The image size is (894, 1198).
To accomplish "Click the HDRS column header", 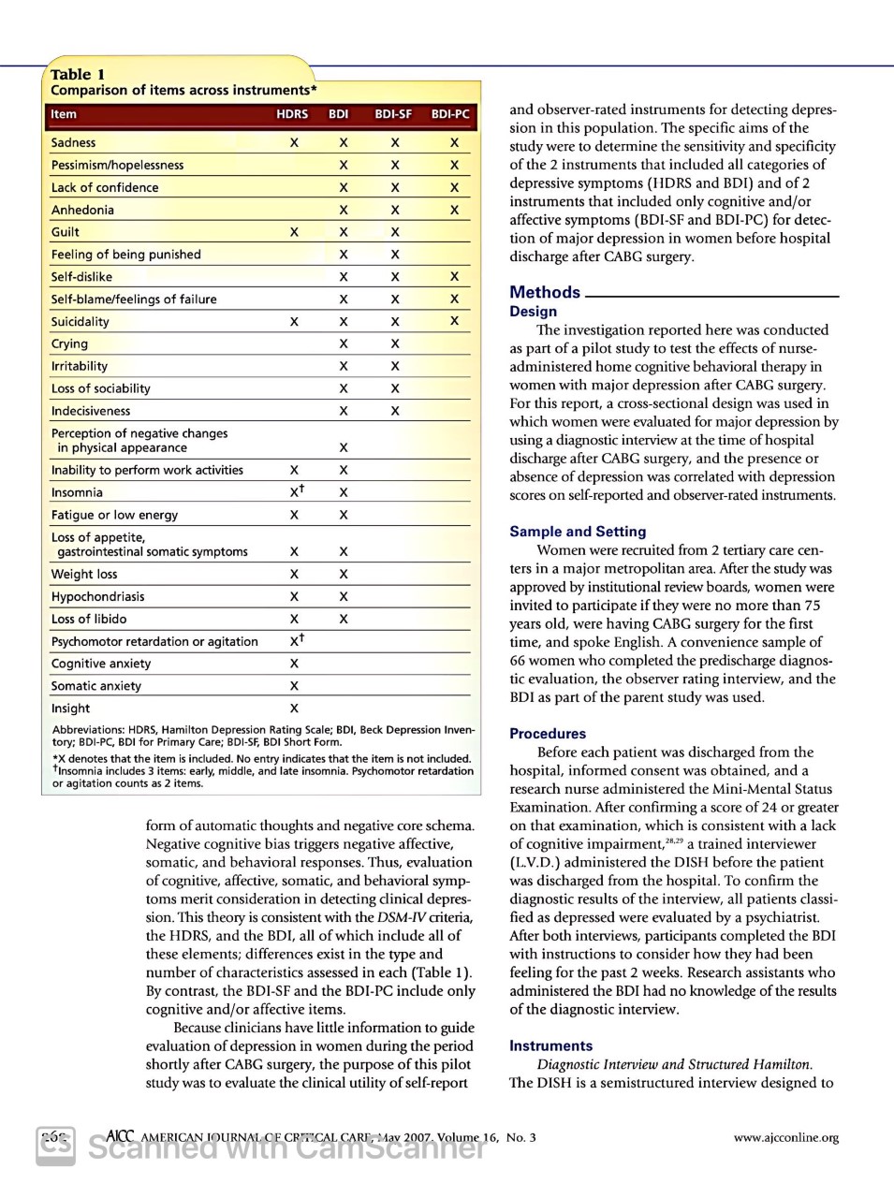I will (x=292, y=114).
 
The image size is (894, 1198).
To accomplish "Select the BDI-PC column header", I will (x=450, y=114).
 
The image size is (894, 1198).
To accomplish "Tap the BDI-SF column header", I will (x=393, y=114).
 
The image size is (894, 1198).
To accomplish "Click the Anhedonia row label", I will (x=82, y=210).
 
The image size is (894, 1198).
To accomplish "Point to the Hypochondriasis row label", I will (x=97, y=596).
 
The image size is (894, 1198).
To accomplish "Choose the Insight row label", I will (x=70, y=709).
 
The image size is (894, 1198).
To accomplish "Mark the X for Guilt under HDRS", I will (x=294, y=232).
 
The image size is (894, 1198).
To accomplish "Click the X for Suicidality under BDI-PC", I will (x=454, y=321).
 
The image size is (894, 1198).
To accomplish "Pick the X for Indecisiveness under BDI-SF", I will (x=395, y=411).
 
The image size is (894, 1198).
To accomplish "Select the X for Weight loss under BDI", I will (x=344, y=575).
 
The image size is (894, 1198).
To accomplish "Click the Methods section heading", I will (x=545, y=292).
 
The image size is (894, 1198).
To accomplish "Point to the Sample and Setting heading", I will (x=578, y=532).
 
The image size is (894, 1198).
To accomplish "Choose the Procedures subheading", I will (x=548, y=734).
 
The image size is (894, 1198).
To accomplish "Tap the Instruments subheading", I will (x=550, y=1046).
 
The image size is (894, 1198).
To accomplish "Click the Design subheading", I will (x=533, y=312).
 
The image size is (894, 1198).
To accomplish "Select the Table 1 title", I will (x=78, y=74).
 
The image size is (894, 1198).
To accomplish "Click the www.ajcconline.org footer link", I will (x=785, y=1138).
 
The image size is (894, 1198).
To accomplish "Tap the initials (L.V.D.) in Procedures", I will (x=537, y=863).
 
